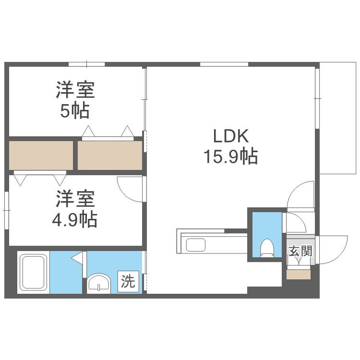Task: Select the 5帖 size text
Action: [x=74, y=111]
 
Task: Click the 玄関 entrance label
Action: [x=300, y=251]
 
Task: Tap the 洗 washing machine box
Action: [x=128, y=281]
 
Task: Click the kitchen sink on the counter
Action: [x=196, y=245]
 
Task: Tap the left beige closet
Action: [x=41, y=155]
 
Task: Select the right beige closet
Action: [x=110, y=155]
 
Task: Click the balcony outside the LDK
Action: [x=338, y=118]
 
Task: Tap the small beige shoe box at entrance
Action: [x=299, y=275]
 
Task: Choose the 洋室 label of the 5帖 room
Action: [x=74, y=90]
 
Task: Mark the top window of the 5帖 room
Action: [x=86, y=64]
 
